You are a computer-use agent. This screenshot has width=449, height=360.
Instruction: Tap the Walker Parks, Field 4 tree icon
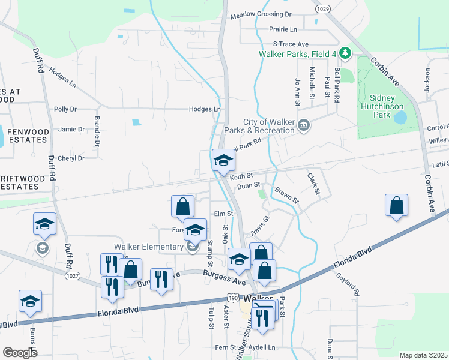pyautogui.click(x=345, y=53)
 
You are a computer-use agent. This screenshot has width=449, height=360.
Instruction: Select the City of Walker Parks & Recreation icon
pyautogui.click(x=304, y=125)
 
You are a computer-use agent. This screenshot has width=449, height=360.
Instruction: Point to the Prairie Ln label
pyautogui.click(x=285, y=29)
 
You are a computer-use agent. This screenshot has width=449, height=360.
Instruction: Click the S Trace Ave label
pyautogui.click(x=291, y=44)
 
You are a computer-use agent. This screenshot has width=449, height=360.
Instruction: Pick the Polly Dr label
pyautogui.click(x=65, y=109)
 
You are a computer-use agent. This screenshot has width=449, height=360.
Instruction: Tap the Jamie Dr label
pyautogui.click(x=71, y=129)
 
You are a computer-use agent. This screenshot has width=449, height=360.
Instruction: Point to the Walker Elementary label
pyautogui.click(x=149, y=247)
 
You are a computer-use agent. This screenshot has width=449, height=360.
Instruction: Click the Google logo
pyautogui.click(x=20, y=353)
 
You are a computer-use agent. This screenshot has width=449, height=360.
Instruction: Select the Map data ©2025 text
pyautogui.click(x=423, y=355)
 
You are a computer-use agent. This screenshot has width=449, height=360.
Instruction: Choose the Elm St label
pyautogui.click(x=223, y=214)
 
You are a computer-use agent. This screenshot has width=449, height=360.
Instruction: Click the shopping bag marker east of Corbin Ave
pyautogui.click(x=396, y=205)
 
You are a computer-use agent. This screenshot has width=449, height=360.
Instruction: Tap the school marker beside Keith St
pyautogui.click(x=223, y=161)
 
